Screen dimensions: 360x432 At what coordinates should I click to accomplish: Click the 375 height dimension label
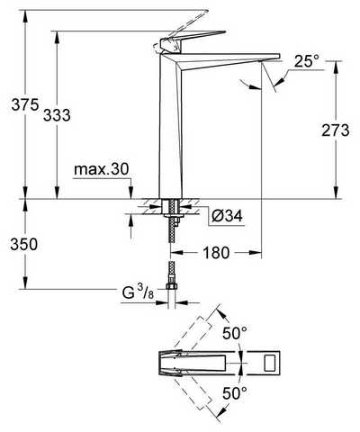pyautogui.click(x=25, y=104)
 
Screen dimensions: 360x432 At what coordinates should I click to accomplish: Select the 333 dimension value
pyautogui.click(x=57, y=115)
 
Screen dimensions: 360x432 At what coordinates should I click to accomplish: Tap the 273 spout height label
pyautogui.click(x=336, y=130)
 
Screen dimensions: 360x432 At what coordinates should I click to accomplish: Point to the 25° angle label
pyautogui.click(x=307, y=61)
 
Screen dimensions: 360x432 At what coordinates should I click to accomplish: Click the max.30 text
pyautogui.click(x=102, y=170)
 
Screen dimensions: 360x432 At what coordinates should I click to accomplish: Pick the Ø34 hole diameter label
pyautogui.click(x=227, y=216)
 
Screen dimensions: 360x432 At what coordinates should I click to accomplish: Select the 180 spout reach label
pyautogui.click(x=216, y=253)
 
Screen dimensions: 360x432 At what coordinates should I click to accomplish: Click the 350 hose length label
pyautogui.click(x=24, y=244)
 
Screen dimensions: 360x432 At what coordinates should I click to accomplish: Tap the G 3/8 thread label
pyautogui.click(x=138, y=293)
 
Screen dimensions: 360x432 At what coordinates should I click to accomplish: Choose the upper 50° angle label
pyautogui.click(x=235, y=333)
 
